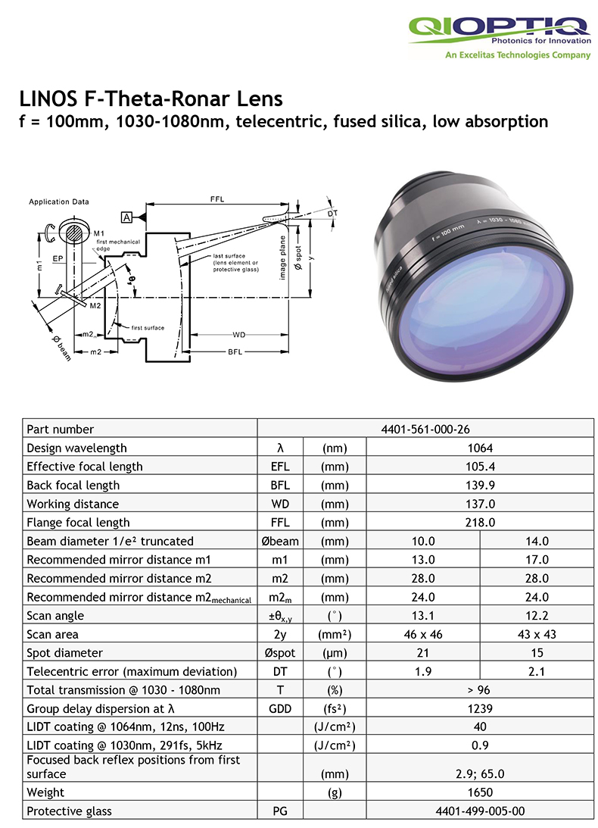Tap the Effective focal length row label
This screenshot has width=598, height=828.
(84, 467)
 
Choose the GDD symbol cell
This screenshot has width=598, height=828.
(279, 708)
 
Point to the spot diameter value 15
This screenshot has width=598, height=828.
(536, 653)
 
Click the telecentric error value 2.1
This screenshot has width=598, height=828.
(536, 671)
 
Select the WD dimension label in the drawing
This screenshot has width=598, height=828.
(239, 333)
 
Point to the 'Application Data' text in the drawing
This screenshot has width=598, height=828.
(58, 202)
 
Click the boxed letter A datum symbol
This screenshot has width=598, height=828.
(126, 218)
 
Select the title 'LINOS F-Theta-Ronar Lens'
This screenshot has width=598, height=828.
(150, 98)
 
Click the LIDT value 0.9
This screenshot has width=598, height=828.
(479, 745)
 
